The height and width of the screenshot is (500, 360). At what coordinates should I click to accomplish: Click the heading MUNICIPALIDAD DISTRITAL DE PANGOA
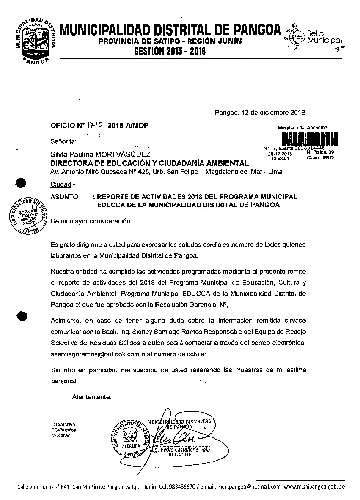click(170, 30)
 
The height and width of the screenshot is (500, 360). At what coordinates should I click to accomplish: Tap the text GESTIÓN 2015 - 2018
click(170, 52)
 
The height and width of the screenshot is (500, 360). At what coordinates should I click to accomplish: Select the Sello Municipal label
click(324, 37)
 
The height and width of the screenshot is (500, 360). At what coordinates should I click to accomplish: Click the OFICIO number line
click(99, 126)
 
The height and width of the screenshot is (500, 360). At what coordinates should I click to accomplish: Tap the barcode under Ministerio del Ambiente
click(302, 139)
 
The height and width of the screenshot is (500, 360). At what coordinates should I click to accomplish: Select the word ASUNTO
click(64, 197)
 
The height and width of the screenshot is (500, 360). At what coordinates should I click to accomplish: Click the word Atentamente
click(91, 397)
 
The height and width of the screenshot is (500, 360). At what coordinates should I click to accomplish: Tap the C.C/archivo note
click(63, 424)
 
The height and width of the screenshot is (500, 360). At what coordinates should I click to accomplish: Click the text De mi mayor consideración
click(91, 221)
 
